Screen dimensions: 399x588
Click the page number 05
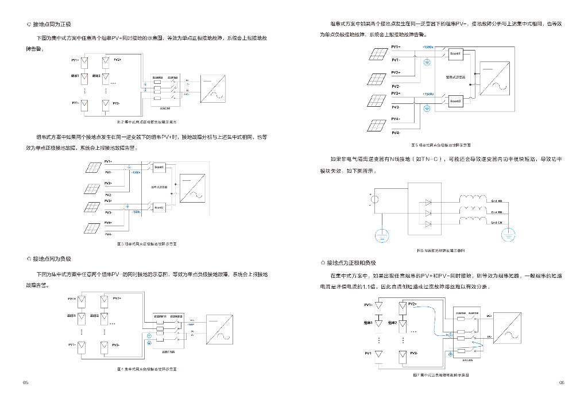click(25, 382)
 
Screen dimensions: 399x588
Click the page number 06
click(562, 382)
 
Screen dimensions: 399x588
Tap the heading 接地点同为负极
click(52, 259)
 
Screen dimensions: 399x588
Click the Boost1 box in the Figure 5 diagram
click(455, 53)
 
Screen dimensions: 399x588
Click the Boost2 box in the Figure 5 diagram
click(455, 101)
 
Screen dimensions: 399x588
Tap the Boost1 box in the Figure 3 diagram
click(159, 167)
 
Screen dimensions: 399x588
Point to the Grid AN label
click(497, 201)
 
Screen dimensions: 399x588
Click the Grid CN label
click(497, 223)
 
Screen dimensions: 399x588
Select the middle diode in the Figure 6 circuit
click(427, 212)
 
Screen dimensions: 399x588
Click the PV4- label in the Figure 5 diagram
click(396, 133)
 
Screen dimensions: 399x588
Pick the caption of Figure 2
click(147, 122)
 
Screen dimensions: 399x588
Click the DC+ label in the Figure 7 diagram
click(489, 316)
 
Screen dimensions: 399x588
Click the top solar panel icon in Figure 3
click(92, 168)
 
